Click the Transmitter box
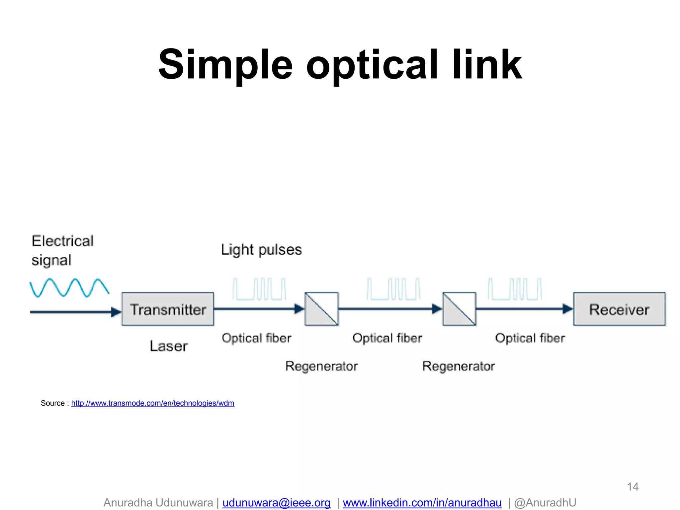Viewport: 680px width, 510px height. coord(168,309)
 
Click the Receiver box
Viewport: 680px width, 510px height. coord(619,309)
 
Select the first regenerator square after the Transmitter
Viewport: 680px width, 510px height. coord(321,309)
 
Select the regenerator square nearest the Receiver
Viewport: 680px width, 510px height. coord(459,309)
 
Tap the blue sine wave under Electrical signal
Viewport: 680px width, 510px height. coord(69,288)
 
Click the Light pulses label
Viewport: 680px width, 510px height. coord(261,250)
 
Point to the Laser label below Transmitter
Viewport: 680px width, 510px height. coord(168,346)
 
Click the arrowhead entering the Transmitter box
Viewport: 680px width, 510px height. coord(116,312)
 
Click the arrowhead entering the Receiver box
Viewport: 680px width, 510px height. coord(568,309)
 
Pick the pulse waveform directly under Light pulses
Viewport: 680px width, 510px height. coord(259,289)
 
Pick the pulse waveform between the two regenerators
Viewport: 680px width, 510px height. coord(393,289)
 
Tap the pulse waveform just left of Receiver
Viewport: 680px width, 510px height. coord(515,289)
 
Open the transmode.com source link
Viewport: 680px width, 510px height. coord(153,403)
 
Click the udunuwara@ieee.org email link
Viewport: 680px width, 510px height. coord(276,503)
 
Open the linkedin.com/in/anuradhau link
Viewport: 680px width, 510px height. coord(422,503)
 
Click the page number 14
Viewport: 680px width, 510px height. coord(633,487)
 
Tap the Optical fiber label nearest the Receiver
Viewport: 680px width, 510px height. coord(530,338)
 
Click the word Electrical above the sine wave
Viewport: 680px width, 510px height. coord(62,241)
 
